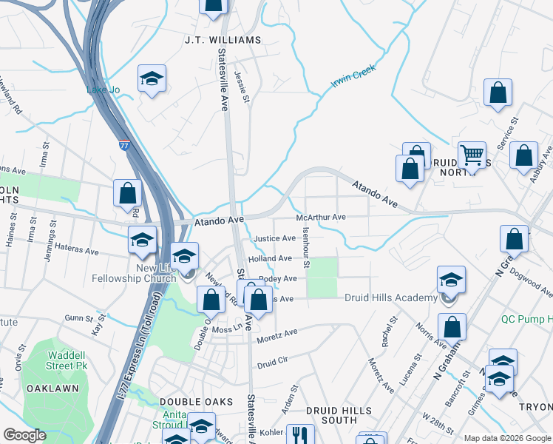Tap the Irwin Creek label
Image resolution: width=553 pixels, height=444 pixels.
[x=353, y=76]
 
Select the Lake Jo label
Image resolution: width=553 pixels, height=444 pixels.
[x=103, y=90]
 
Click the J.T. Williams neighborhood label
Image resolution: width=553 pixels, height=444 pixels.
[x=223, y=39]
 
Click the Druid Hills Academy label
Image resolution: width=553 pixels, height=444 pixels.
[x=391, y=297]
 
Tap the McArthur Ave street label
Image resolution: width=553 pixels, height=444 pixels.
[x=321, y=218]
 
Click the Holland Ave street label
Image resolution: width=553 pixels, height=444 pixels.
[x=270, y=259]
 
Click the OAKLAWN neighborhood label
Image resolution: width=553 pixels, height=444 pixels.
[x=48, y=388]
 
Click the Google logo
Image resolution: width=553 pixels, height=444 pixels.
[x=24, y=435]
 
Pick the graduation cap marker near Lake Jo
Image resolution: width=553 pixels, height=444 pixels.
[x=152, y=79]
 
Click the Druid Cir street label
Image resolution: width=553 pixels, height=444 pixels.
[x=272, y=365]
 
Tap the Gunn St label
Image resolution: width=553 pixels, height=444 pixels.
[x=77, y=317]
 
